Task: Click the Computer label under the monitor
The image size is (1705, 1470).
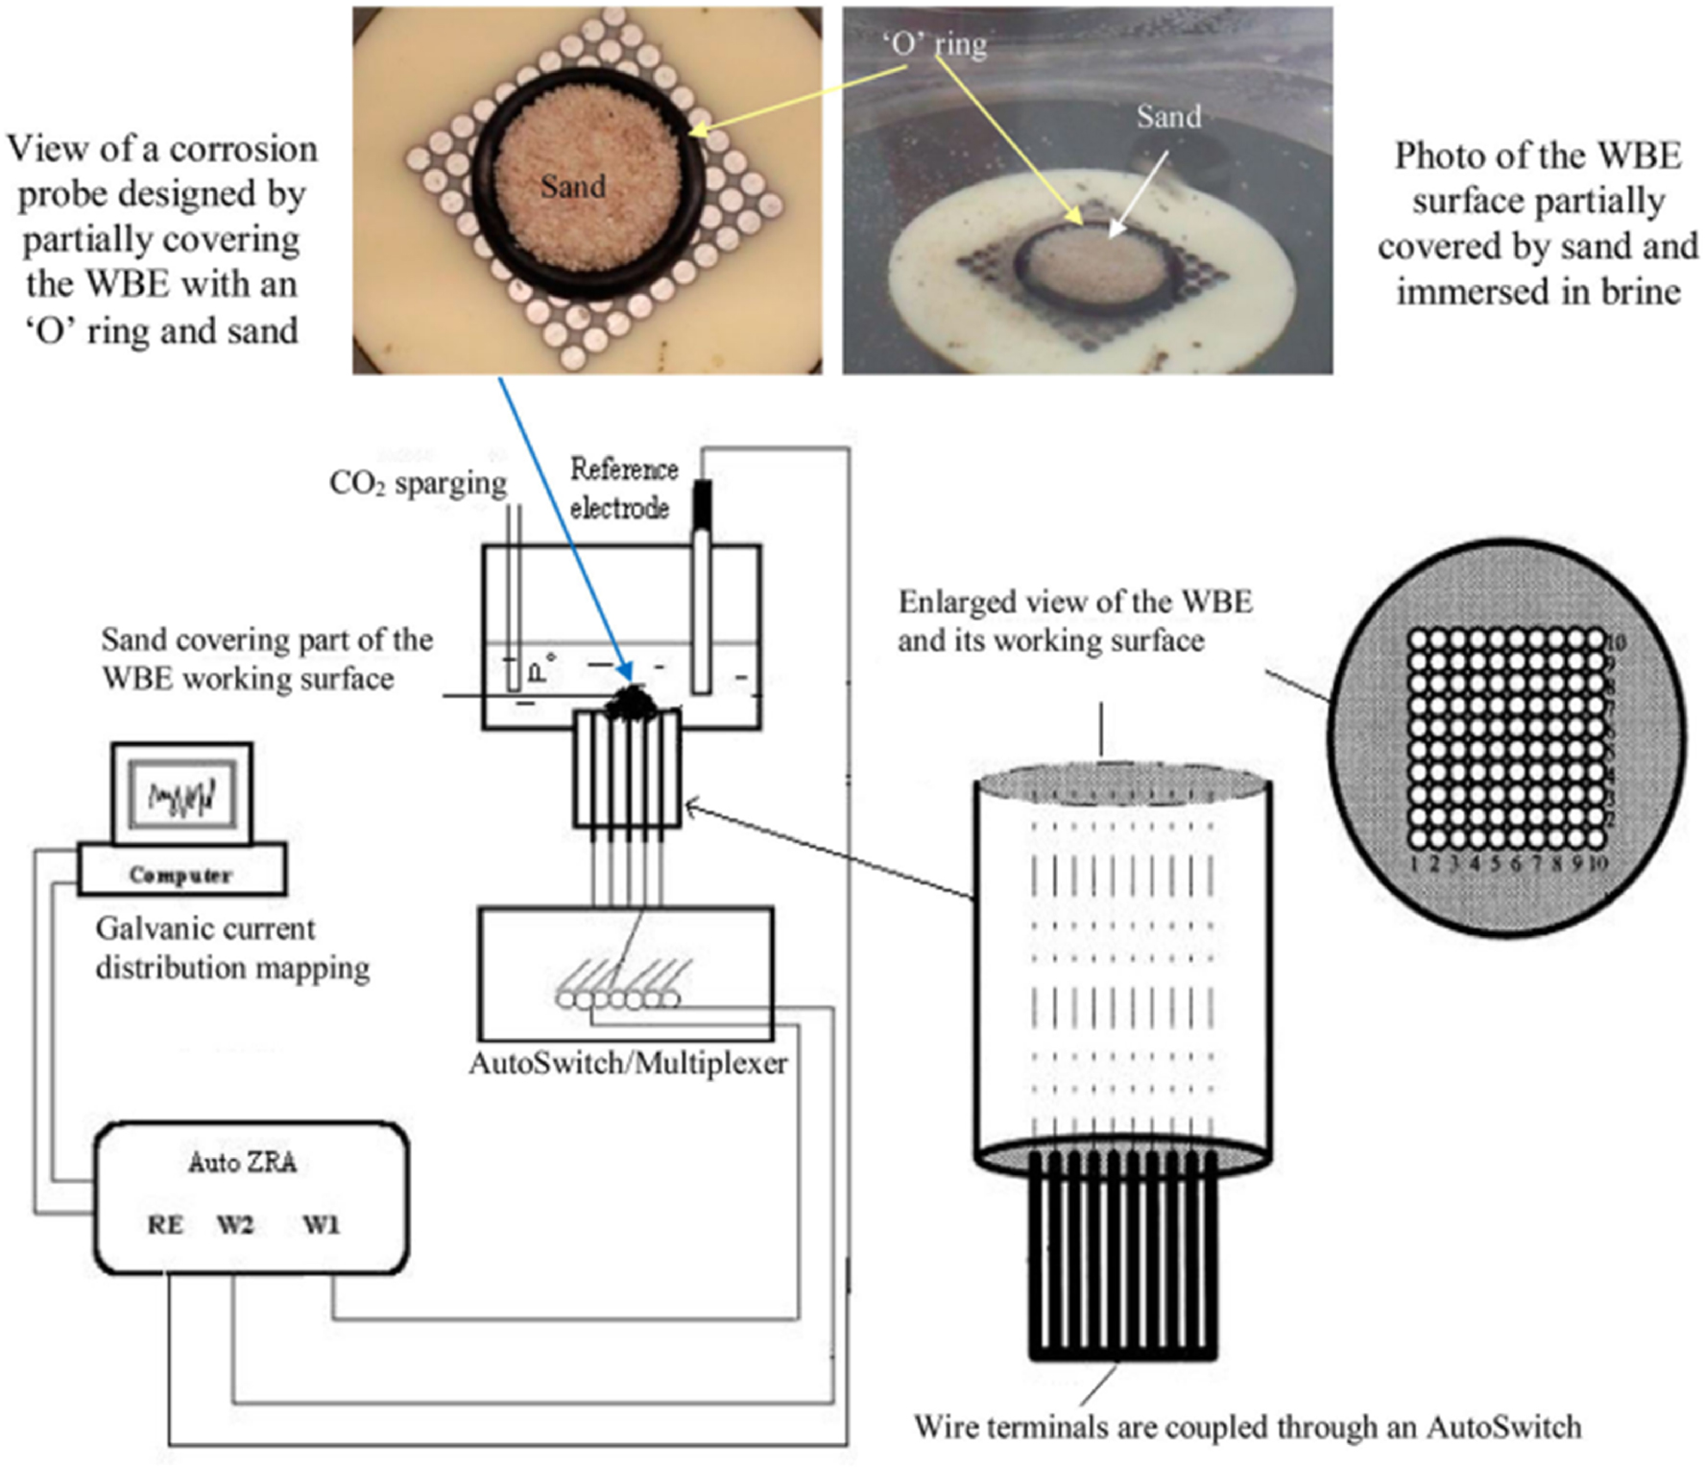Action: click(x=180, y=875)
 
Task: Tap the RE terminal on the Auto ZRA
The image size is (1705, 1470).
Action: click(x=165, y=1224)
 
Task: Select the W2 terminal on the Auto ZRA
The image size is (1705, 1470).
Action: click(x=235, y=1224)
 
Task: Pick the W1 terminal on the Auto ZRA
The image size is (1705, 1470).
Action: click(x=322, y=1224)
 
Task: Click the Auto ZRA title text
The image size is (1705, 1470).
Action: click(x=242, y=1163)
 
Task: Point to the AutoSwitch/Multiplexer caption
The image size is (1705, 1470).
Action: click(x=628, y=1063)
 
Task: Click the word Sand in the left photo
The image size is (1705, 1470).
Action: click(x=573, y=186)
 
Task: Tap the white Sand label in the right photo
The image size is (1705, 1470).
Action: click(x=1168, y=117)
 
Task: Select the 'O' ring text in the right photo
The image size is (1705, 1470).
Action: click(x=934, y=44)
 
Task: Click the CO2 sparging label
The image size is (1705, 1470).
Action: click(x=418, y=482)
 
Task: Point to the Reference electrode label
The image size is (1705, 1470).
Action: click(x=623, y=488)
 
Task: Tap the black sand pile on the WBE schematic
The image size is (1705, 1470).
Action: click(x=631, y=704)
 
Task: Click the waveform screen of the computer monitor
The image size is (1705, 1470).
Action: click(x=182, y=796)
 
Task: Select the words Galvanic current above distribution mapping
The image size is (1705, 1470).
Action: click(x=205, y=928)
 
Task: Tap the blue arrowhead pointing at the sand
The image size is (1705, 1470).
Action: click(x=626, y=672)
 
